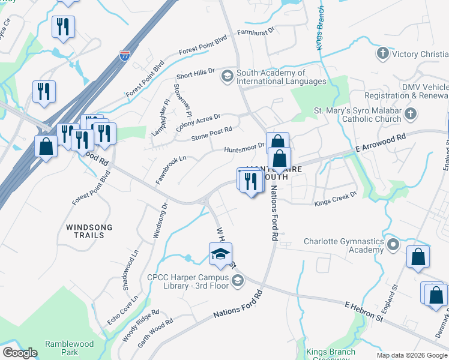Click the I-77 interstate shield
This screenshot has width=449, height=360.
tap(124, 56)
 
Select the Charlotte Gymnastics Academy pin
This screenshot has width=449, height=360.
tap(393, 245)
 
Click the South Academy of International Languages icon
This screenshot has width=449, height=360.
tap(227, 76)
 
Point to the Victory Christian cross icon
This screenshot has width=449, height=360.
tap(382, 54)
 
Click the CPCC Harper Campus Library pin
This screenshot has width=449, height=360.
tap(238, 281)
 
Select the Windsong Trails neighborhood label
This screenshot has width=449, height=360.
tap(85, 231)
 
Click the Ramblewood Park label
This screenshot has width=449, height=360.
tap(66, 348)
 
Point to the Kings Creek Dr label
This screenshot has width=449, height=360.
tap(336, 199)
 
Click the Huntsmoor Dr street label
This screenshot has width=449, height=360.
tap(244, 148)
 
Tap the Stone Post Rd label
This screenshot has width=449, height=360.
tap(211, 133)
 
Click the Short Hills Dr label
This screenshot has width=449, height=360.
tap(195, 74)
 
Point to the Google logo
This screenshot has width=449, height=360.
tap(20, 353)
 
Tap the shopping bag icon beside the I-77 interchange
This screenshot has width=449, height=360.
tap(46, 146)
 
